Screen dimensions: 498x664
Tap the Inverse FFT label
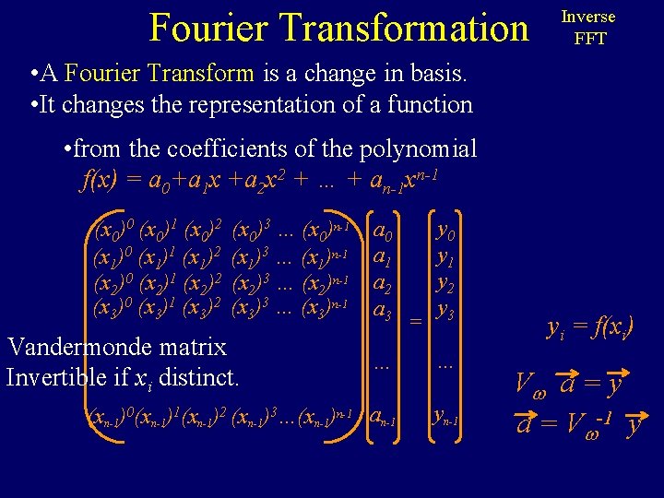[x=589, y=28]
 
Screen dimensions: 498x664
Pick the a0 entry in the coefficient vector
[x=385, y=228]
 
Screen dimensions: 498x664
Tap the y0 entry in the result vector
[x=445, y=227]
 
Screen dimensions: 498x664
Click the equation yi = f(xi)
[x=590, y=327]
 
